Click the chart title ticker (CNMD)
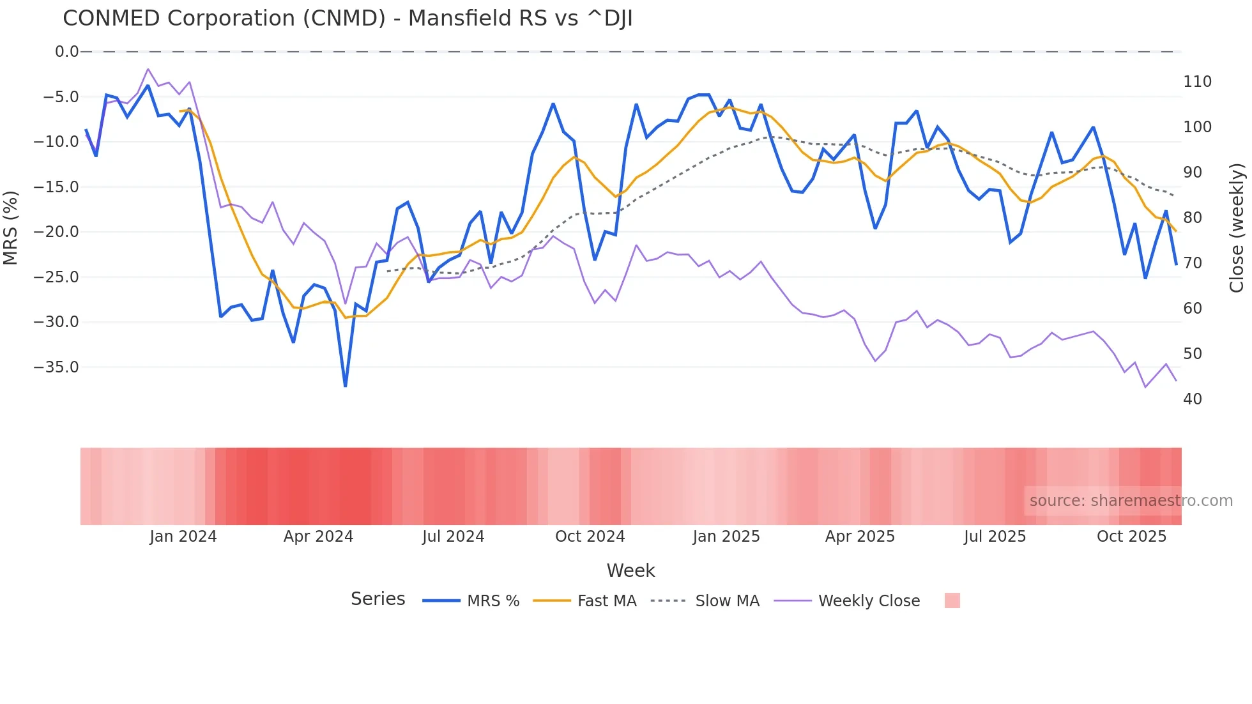coord(344,19)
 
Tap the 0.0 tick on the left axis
coord(66,52)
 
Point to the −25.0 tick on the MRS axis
coord(56,277)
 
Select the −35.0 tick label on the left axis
coord(56,367)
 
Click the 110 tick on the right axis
coord(1197,82)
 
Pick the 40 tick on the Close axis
coord(1193,399)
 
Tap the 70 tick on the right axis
coord(1193,263)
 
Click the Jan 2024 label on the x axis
coord(183,537)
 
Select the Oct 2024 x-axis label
coord(590,537)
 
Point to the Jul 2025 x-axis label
coord(995,537)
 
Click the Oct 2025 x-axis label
coord(1131,537)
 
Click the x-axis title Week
coord(630,570)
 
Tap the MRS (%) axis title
coord(10,227)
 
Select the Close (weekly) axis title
coord(1237,228)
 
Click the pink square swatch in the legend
coord(952,601)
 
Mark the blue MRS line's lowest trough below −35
coord(346,385)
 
